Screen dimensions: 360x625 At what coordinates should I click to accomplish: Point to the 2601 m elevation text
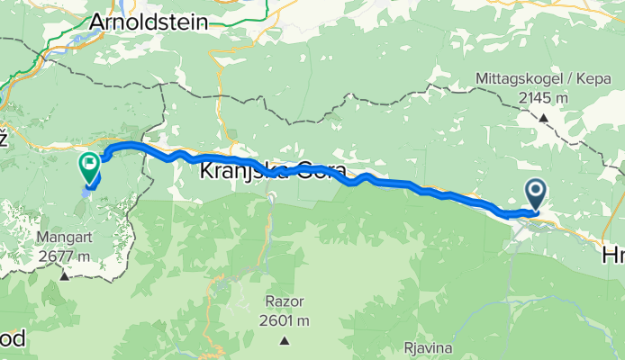point(284,321)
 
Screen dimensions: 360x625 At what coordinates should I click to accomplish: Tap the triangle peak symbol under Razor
point(284,340)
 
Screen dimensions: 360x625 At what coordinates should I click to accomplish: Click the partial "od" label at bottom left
point(13,339)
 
